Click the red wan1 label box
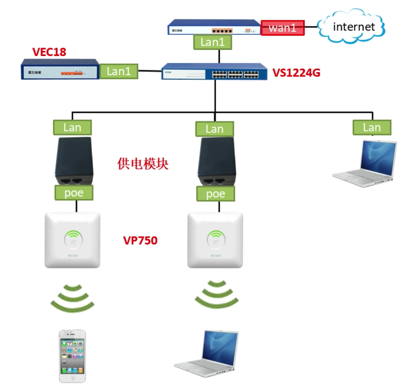point(283,28)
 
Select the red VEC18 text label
point(49,52)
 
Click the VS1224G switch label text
point(296,73)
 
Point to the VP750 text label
point(140,241)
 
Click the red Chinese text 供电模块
point(143,164)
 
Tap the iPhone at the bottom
point(72,356)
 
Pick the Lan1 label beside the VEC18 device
point(119,71)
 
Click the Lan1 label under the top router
point(212,42)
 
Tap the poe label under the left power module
point(74,193)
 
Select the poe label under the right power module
point(216,194)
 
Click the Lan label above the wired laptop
point(372,128)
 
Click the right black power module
point(216,161)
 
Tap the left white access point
point(72,240)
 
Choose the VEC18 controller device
point(60,69)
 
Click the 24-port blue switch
point(214,72)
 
